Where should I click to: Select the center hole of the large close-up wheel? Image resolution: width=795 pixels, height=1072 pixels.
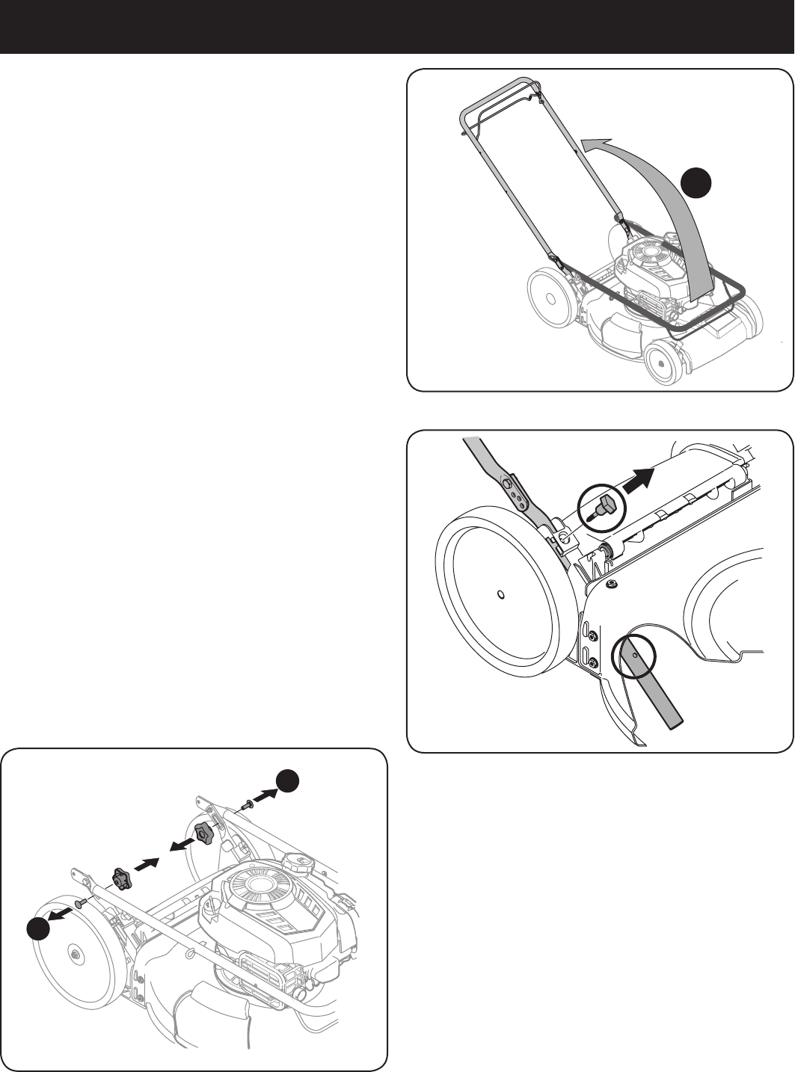(x=500, y=596)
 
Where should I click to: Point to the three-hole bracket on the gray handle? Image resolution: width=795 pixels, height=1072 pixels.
(x=516, y=489)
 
